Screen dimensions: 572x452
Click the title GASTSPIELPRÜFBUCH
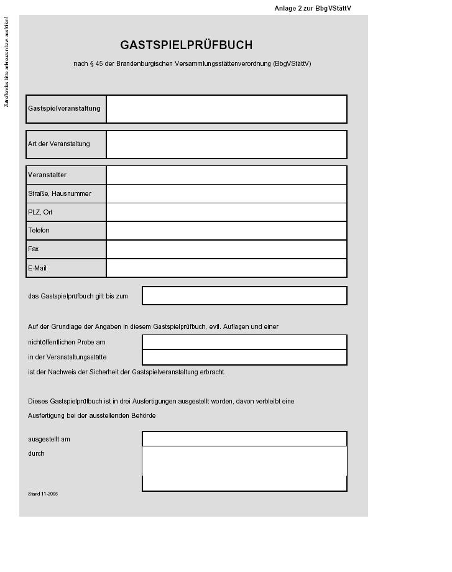[x=187, y=45]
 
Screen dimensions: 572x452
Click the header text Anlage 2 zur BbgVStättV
[x=313, y=9]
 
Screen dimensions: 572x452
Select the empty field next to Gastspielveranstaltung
[x=226, y=109]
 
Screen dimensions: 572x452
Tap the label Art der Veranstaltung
[x=59, y=144]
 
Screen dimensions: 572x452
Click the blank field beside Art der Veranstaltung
[x=226, y=144]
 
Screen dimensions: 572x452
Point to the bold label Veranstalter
[x=47, y=175]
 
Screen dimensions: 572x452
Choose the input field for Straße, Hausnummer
[x=226, y=193]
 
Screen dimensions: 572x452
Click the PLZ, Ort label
[x=40, y=212]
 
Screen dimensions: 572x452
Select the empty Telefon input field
[x=226, y=231]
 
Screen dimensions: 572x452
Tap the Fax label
[x=34, y=249]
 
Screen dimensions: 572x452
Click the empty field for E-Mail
[x=226, y=268]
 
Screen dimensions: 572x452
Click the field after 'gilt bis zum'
[x=244, y=296]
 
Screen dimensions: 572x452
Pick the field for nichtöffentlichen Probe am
[x=244, y=342]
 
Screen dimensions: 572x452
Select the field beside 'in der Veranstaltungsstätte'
[x=244, y=357]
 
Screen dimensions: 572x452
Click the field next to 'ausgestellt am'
[x=244, y=439]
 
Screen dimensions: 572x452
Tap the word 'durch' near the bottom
[x=36, y=454]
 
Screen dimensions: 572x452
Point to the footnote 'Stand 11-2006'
[x=43, y=494]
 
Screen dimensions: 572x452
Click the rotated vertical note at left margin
[x=7, y=62]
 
